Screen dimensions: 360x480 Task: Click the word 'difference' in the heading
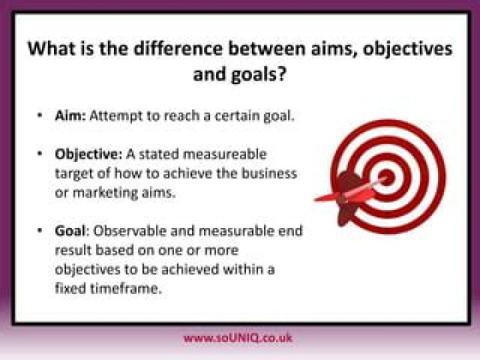tap(169, 49)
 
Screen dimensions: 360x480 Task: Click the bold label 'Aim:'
tap(70, 115)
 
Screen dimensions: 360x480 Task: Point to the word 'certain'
tap(237, 115)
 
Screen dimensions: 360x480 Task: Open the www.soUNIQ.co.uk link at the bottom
tap(238, 337)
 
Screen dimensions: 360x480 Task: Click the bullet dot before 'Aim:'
tap(41, 116)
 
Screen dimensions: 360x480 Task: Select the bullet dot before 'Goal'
tap(41, 231)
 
